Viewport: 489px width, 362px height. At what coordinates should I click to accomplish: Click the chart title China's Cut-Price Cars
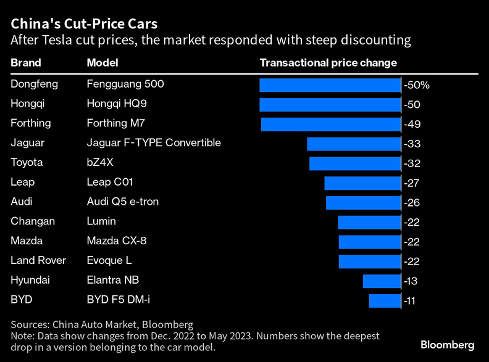84,25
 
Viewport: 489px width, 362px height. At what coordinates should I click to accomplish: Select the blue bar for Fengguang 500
330,85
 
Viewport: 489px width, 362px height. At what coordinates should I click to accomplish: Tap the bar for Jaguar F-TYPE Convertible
354,144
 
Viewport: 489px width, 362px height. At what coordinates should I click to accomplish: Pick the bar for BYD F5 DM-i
385,300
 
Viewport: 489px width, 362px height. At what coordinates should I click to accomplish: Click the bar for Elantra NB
382,281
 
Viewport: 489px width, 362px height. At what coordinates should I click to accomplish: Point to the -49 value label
412,124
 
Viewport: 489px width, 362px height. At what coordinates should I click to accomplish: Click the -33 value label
412,144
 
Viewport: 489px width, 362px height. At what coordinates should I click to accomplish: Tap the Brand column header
26,63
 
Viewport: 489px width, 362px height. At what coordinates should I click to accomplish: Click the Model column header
102,63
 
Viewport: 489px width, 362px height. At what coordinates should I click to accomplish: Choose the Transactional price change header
328,63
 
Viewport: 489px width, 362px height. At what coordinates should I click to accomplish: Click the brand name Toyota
27,162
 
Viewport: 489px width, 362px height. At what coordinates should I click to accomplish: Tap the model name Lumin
101,221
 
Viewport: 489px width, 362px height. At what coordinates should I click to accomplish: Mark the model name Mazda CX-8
117,241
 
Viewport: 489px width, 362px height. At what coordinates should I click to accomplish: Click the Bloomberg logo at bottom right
448,344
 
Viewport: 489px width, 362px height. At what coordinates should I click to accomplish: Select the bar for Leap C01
362,183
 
